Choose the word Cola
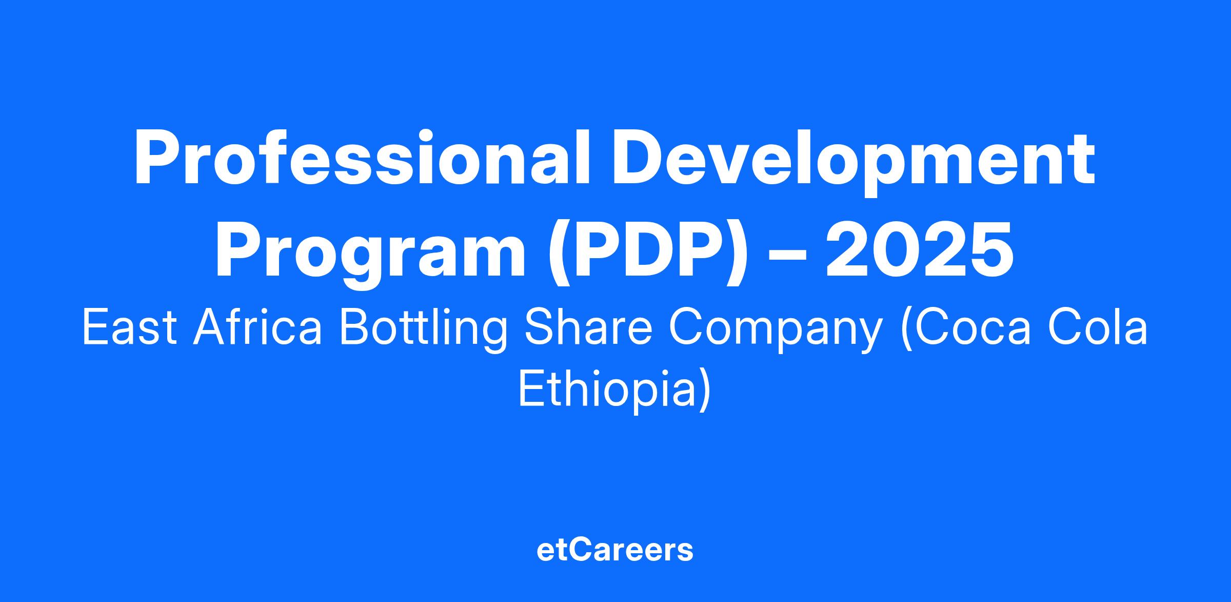click(1097, 328)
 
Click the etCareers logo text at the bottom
click(615, 550)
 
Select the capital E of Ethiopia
click(531, 389)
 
